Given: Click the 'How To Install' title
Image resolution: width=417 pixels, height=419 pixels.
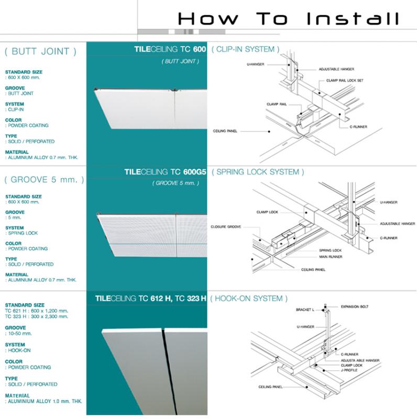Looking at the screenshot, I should click(288, 19).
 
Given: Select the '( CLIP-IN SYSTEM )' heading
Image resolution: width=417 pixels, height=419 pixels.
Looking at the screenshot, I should click(245, 49).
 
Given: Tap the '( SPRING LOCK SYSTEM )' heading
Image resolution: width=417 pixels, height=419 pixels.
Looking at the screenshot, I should click(258, 172).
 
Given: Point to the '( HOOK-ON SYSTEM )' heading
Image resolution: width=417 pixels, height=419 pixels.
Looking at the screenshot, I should click(249, 299).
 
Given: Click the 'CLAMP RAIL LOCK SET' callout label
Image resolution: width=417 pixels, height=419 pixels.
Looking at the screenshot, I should click(344, 81).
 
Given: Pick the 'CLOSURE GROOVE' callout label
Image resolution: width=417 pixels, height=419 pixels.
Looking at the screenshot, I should click(225, 227).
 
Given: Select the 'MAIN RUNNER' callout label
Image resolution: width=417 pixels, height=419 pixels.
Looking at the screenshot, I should click(331, 257).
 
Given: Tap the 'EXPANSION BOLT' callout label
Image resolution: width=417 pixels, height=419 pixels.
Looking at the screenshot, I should click(355, 306).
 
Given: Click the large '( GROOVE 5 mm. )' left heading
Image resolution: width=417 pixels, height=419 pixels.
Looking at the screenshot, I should click(43, 180).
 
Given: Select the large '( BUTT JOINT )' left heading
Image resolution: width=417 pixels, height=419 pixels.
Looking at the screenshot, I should click(40, 51).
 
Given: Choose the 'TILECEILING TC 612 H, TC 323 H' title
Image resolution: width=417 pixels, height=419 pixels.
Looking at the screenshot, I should click(151, 299).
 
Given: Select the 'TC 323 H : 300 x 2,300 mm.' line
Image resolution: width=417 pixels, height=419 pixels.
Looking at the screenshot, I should click(37, 316).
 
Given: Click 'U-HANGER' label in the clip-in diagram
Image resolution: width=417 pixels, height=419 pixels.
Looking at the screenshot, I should click(255, 64).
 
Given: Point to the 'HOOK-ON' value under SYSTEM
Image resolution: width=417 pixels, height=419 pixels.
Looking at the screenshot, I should click(17, 350).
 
